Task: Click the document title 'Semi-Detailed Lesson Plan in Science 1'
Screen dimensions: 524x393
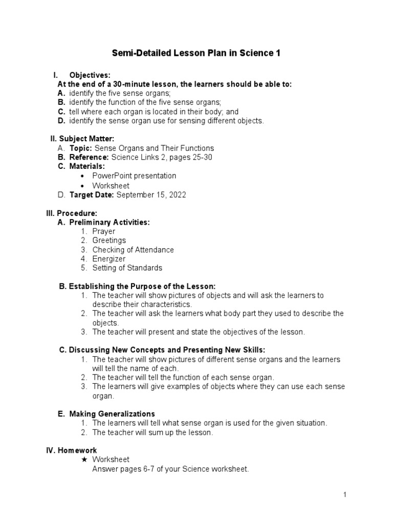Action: click(x=196, y=53)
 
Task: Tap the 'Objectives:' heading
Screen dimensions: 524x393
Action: click(x=90, y=75)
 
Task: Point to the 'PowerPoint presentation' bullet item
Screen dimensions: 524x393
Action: click(x=134, y=176)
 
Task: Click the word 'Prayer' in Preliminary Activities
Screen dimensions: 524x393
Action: click(x=104, y=231)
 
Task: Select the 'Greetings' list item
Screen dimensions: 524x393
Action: click(x=109, y=241)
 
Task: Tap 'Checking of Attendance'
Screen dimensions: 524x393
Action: click(x=133, y=250)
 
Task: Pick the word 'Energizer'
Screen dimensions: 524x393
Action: click(x=109, y=259)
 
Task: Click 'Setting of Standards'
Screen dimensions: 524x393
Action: click(x=127, y=268)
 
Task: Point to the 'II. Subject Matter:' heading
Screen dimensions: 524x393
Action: click(x=82, y=139)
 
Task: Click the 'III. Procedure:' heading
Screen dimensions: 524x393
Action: click(x=72, y=213)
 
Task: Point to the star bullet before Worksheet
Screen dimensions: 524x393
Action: click(x=84, y=460)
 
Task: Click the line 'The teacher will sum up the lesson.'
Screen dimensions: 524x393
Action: click(x=152, y=432)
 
